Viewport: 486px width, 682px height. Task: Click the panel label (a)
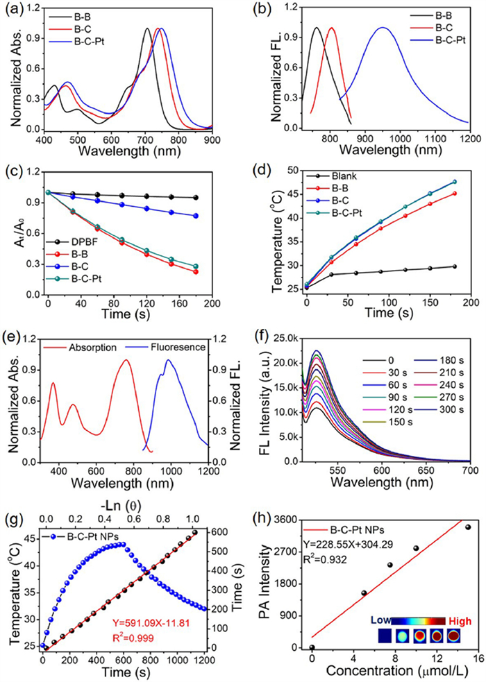click(11, 10)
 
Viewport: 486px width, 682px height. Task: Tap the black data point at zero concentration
click(312, 648)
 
